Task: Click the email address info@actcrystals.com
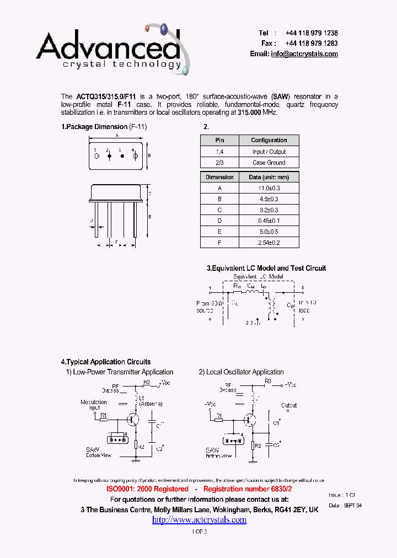point(304,54)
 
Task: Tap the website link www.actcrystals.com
point(199,520)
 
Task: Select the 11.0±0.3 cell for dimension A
point(269,188)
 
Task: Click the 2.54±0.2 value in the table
point(269,242)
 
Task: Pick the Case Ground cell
point(269,163)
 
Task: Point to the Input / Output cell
point(269,152)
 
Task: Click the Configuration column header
point(269,141)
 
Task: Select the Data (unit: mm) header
point(269,178)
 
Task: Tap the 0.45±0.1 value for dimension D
point(269,221)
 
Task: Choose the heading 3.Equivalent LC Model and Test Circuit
point(266,269)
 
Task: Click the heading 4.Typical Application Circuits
point(106,362)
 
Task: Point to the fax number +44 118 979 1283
point(312,44)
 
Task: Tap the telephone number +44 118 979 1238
point(312,34)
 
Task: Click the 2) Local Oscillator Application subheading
point(242,372)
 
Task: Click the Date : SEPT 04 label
point(345,506)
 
